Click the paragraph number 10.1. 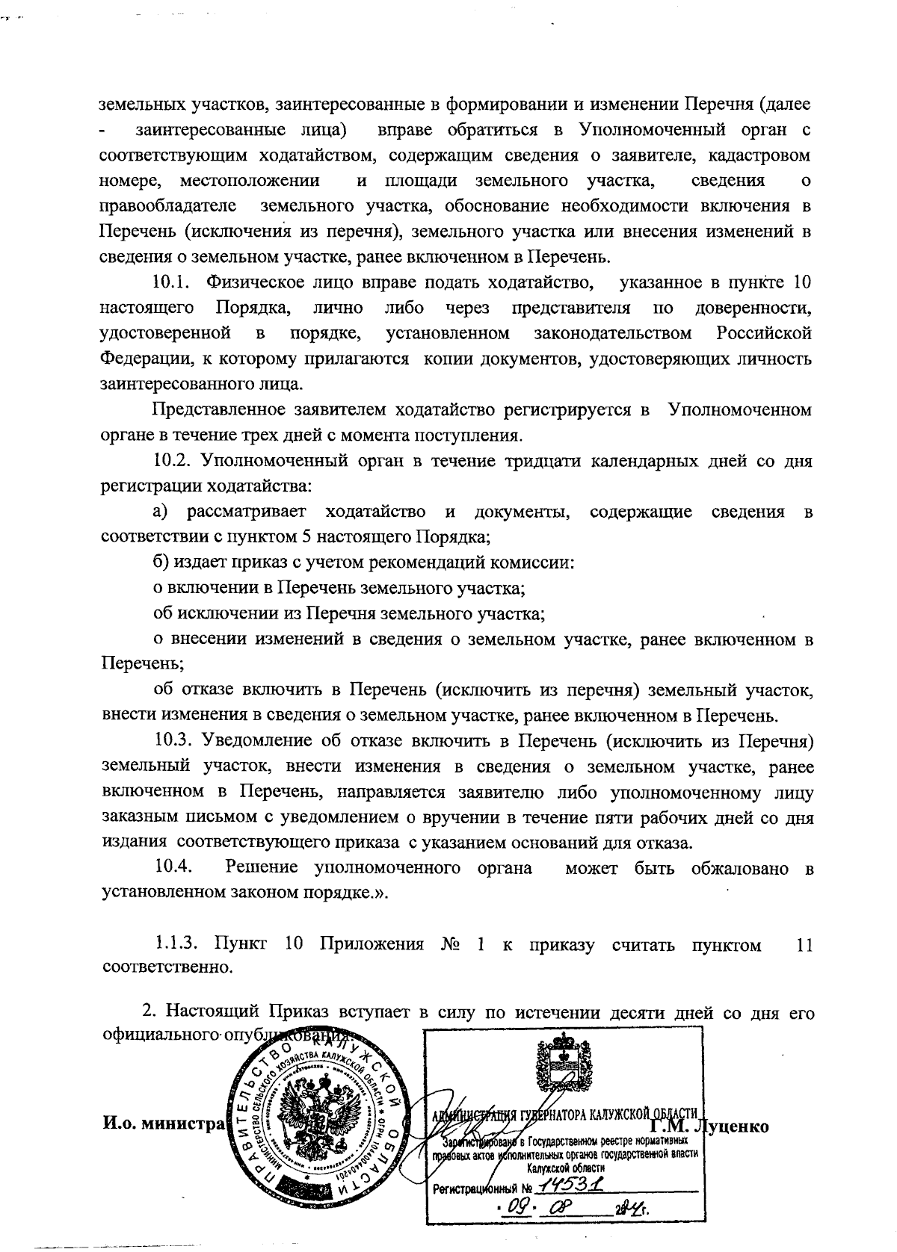coord(173,282)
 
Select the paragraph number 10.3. coord(174,741)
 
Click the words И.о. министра coord(162,1124)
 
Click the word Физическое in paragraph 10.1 coord(250,282)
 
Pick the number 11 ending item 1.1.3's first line coord(804,945)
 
